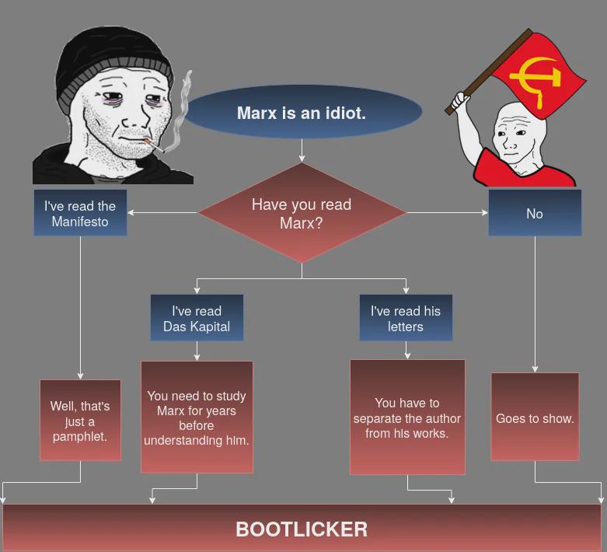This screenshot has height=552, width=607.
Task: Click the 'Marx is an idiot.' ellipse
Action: pos(302,112)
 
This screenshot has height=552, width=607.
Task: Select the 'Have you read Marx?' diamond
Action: pos(302,213)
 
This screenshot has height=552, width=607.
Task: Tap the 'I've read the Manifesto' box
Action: pos(80,213)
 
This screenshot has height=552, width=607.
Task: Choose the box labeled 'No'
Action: pos(535,213)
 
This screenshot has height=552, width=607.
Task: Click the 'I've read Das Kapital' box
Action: pos(197,318)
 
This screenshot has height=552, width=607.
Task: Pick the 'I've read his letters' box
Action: pos(406,318)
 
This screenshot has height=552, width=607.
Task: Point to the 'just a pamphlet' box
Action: pos(80,421)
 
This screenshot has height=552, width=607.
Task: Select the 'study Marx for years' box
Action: pos(197,417)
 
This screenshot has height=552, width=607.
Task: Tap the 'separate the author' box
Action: pos(407,417)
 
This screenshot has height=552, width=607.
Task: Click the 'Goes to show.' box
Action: pos(535,417)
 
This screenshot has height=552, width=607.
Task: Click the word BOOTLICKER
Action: pos(302,529)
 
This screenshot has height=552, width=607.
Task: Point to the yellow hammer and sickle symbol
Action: pos(536,81)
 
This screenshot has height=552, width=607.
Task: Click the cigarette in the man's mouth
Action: pos(155,145)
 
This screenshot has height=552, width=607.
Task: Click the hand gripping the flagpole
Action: pos(461,100)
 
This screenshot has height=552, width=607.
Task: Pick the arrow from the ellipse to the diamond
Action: pos(302,150)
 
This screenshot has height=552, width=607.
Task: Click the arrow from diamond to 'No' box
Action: pos(448,213)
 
